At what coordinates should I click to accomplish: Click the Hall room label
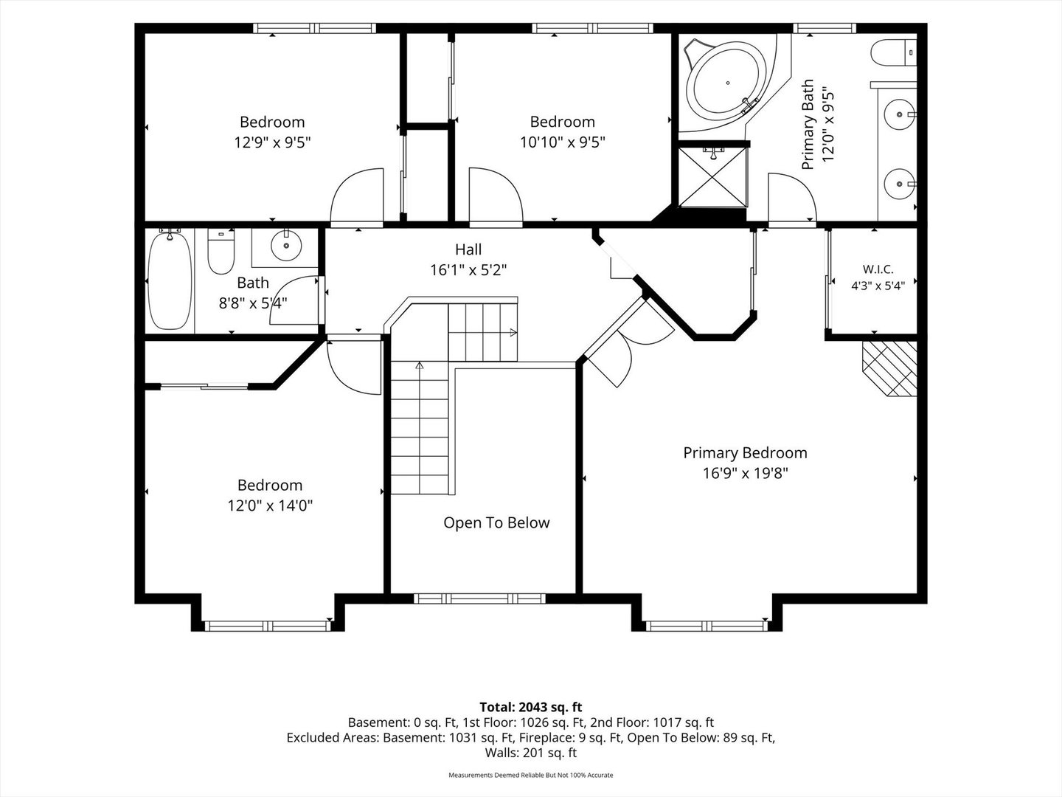tap(468, 249)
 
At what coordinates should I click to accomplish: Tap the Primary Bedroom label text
tap(745, 453)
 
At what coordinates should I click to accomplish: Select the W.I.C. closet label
tap(878, 269)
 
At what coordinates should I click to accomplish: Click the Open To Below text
tap(496, 522)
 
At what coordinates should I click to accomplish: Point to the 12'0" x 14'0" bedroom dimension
tap(270, 506)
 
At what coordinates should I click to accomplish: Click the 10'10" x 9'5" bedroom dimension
tap(562, 142)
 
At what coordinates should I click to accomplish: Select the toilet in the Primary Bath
tap(894, 52)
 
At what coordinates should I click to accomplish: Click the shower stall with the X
tap(713, 176)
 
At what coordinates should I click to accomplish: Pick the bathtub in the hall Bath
tap(170, 280)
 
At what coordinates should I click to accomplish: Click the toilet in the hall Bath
tap(221, 252)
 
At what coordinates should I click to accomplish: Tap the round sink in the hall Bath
tap(286, 246)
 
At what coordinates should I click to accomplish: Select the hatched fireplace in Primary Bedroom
tap(889, 369)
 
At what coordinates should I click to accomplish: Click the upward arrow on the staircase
tap(420, 365)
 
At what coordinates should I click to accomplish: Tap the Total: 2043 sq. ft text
tap(531, 707)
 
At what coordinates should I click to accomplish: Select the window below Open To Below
tap(479, 598)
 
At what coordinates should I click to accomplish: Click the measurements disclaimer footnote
tap(531, 775)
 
